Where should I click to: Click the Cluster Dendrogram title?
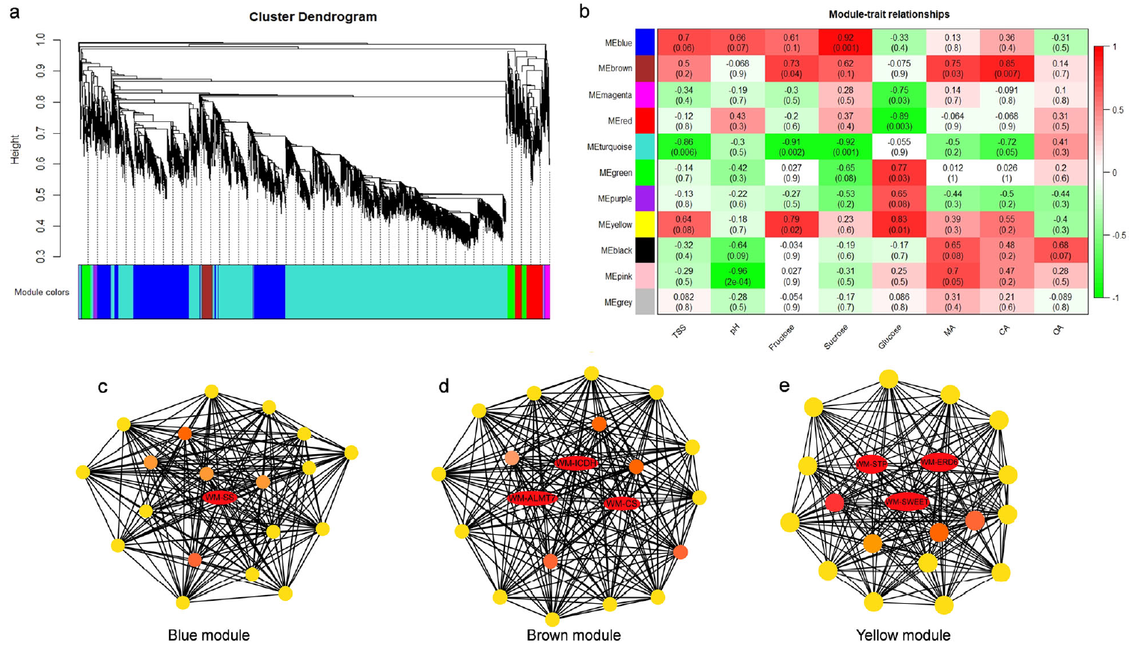click(x=313, y=16)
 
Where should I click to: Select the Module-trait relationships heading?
click(x=889, y=14)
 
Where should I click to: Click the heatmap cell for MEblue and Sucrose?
click(x=845, y=43)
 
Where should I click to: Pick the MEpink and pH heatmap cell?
click(x=738, y=276)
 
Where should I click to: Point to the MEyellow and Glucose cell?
click(x=899, y=224)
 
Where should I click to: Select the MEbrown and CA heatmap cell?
click(x=1006, y=68)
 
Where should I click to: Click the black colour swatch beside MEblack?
click(x=645, y=251)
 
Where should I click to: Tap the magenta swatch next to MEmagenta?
click(x=645, y=95)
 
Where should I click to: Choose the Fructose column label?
click(x=781, y=337)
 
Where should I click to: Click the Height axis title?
click(x=15, y=149)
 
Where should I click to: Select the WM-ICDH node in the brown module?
click(x=576, y=463)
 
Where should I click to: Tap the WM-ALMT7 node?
click(x=532, y=498)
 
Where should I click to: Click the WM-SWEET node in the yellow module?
click(x=907, y=502)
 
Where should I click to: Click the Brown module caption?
click(x=573, y=635)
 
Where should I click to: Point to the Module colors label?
click(x=42, y=292)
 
